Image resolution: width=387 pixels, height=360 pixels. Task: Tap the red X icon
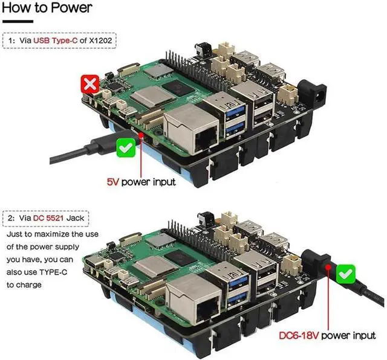tap(90, 84)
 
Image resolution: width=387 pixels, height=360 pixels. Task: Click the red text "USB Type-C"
tap(56, 40)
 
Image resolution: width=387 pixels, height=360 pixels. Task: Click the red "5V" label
tap(112, 181)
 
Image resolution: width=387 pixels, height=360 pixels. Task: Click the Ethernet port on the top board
tap(192, 129)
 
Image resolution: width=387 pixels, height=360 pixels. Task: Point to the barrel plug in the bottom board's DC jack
tap(320, 261)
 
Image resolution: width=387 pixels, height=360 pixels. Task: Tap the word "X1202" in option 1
tap(102, 40)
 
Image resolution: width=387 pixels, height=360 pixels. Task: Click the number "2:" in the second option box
tap(11, 217)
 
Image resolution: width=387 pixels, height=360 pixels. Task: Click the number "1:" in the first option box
tap(11, 40)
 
